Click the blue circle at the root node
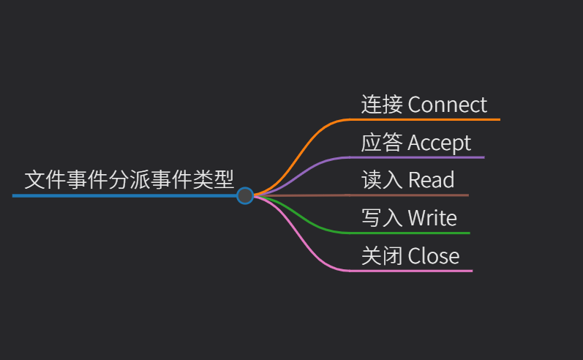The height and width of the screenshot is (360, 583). (245, 195)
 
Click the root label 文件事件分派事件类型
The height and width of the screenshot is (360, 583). (129, 179)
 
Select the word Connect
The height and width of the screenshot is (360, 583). (447, 105)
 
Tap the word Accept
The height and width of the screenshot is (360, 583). (439, 143)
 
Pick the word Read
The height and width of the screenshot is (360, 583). (431, 180)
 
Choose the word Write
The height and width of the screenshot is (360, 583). (432, 218)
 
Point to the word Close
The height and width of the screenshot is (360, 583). (433, 256)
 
